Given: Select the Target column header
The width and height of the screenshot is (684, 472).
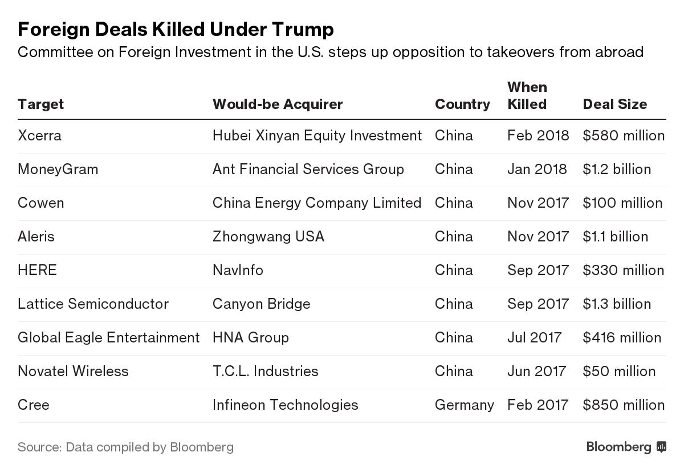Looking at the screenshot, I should pyautogui.click(x=40, y=104).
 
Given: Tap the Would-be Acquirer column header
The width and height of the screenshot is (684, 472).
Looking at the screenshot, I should pyautogui.click(x=278, y=104).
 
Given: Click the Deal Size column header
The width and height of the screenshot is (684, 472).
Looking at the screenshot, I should pyautogui.click(x=614, y=104).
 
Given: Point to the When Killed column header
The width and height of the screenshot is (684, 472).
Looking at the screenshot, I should pyautogui.click(x=527, y=96).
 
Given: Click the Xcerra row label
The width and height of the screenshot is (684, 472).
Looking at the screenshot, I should pyautogui.click(x=39, y=136).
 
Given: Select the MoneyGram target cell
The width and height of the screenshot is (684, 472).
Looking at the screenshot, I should pyautogui.click(x=58, y=170).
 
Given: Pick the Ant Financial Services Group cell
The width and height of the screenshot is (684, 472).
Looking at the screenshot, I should pyautogui.click(x=308, y=170).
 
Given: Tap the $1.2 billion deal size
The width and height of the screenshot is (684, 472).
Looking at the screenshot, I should pyautogui.click(x=616, y=170).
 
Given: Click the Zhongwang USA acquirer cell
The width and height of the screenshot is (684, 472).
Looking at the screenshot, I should pyautogui.click(x=268, y=237).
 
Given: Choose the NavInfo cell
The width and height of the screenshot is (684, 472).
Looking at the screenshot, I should pyautogui.click(x=238, y=270).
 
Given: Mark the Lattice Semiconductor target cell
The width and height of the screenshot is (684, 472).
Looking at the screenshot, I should pyautogui.click(x=93, y=304).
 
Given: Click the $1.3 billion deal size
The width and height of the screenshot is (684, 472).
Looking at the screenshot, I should pyautogui.click(x=616, y=304).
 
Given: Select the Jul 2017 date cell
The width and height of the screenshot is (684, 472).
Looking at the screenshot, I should pyautogui.click(x=534, y=337).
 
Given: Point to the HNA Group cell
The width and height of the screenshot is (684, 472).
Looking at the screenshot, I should pyautogui.click(x=250, y=337).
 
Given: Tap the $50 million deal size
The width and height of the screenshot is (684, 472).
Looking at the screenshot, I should pyautogui.click(x=618, y=371).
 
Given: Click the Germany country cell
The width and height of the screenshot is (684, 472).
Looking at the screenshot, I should pyautogui.click(x=464, y=405).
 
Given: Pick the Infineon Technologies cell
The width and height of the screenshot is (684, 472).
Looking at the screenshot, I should pyautogui.click(x=285, y=405).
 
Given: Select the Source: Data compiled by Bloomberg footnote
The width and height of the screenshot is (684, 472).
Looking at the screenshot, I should pyautogui.click(x=125, y=447).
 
